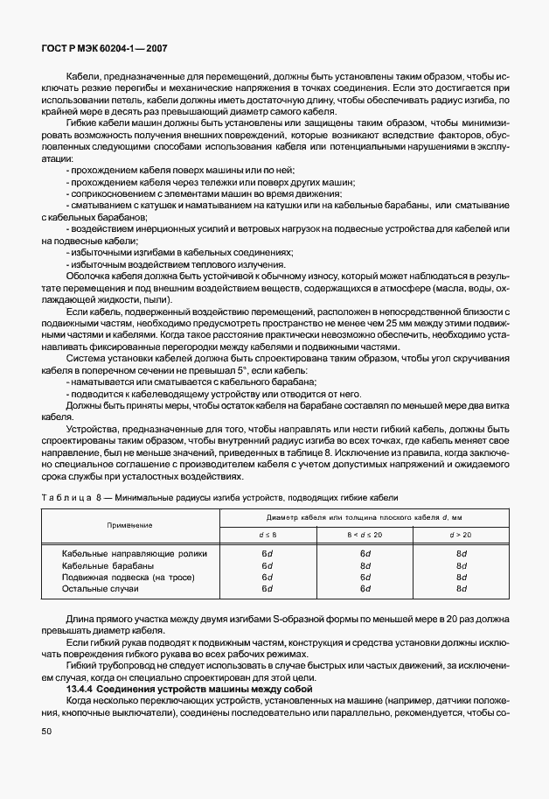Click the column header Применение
(x=130, y=524)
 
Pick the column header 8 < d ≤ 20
(x=365, y=534)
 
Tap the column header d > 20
(x=461, y=534)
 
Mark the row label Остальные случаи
(x=101, y=590)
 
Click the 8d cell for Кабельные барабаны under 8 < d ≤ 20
(x=365, y=566)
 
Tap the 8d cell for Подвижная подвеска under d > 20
(x=461, y=578)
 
